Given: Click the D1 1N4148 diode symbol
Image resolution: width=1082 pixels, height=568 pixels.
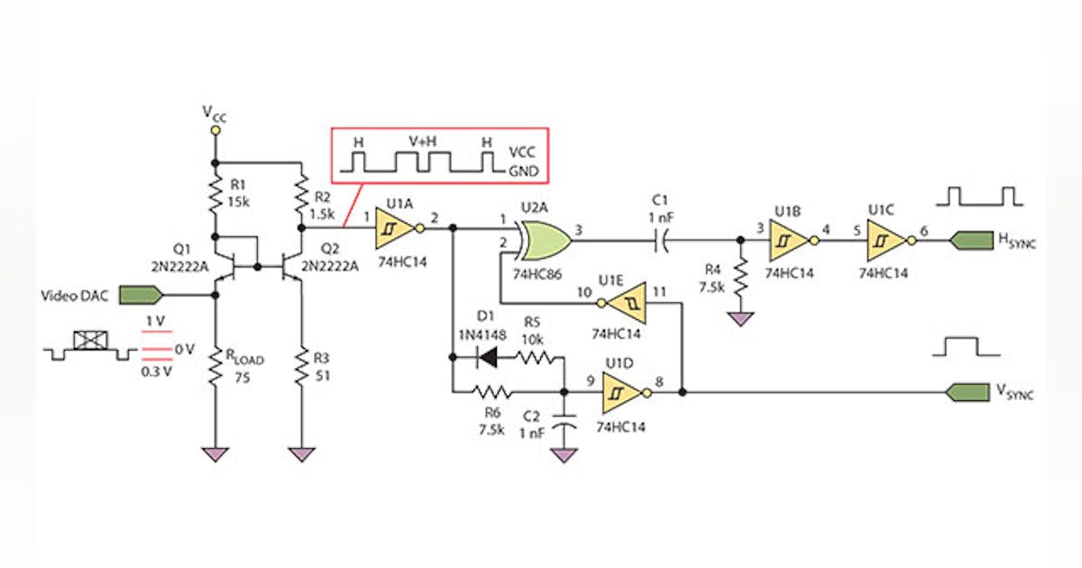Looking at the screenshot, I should (x=488, y=358).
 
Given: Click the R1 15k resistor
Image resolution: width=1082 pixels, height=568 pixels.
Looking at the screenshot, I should (x=215, y=192).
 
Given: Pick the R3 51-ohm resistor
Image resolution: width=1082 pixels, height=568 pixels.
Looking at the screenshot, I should (x=299, y=368).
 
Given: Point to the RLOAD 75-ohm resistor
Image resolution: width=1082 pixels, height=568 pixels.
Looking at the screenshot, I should (x=215, y=368).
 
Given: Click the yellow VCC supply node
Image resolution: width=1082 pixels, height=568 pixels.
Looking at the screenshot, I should (x=215, y=131).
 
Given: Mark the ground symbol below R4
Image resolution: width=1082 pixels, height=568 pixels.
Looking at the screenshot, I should (x=740, y=319).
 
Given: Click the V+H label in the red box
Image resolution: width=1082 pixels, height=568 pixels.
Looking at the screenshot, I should (x=423, y=142).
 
